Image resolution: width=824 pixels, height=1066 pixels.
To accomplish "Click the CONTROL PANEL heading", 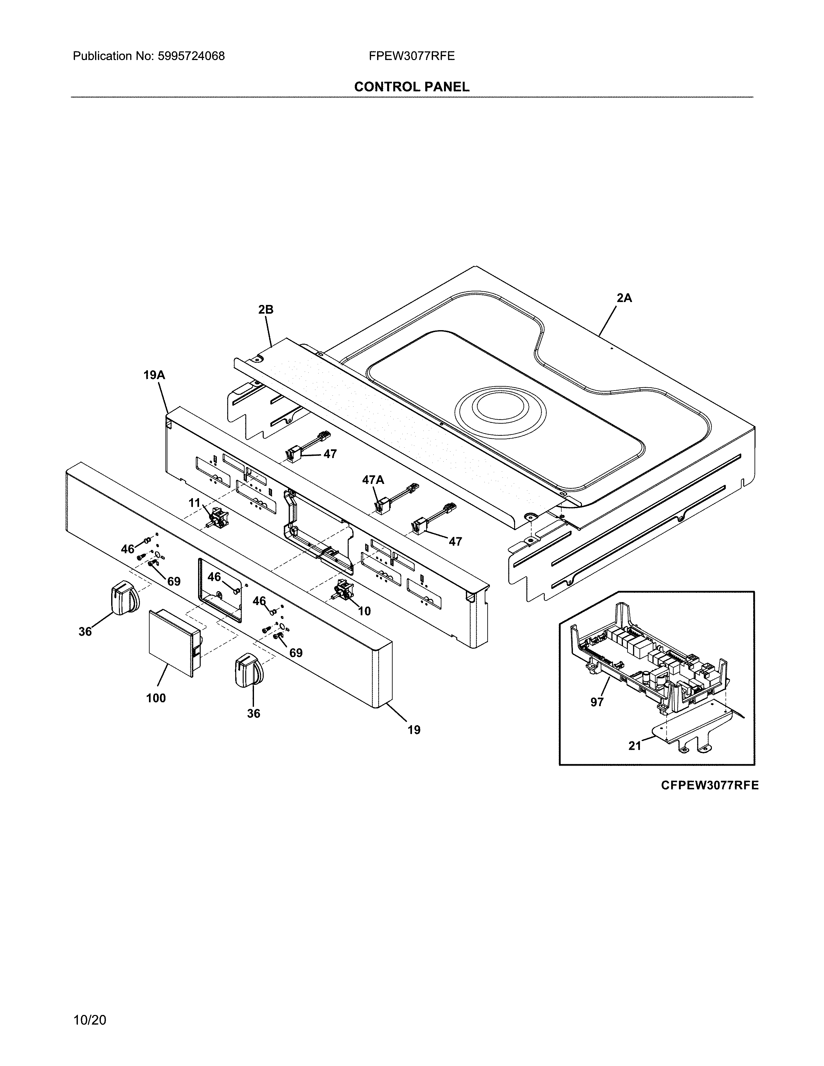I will (x=411, y=87).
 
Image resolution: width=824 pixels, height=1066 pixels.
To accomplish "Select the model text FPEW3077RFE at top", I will (x=411, y=56).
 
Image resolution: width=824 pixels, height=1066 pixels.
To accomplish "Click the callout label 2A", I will (x=624, y=298).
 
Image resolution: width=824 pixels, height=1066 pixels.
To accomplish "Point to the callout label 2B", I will (x=266, y=309).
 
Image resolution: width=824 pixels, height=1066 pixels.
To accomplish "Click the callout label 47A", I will (x=373, y=480).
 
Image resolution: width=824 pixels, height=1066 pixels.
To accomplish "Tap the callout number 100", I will (x=156, y=698).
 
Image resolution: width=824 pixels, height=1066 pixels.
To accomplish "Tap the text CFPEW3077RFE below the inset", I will (x=710, y=785).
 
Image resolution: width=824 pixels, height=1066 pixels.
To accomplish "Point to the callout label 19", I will (x=414, y=730).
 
